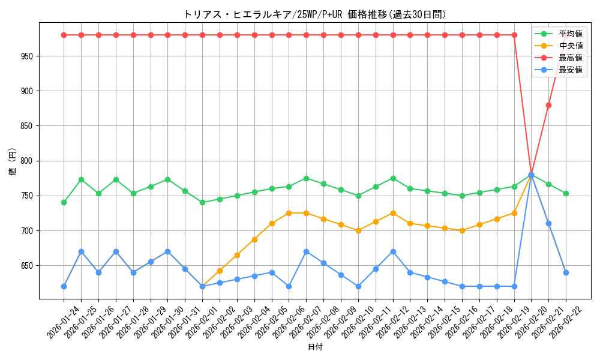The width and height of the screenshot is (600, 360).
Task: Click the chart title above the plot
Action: [314, 14]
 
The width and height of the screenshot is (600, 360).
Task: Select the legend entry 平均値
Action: [570, 34]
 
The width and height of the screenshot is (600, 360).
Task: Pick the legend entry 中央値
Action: [570, 46]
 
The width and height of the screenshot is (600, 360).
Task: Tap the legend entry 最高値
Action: [570, 58]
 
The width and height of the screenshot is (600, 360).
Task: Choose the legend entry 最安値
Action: [570, 70]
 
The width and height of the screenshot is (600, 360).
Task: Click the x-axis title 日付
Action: [314, 347]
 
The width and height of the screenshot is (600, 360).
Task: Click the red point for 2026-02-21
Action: [548, 105]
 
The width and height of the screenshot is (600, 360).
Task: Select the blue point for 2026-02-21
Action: [548, 223]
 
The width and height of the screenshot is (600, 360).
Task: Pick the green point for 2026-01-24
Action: [64, 202]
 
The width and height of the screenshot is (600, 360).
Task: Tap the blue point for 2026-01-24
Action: [64, 286]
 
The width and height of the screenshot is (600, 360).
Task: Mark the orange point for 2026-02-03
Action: [237, 255]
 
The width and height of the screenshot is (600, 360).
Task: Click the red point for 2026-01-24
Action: [64, 35]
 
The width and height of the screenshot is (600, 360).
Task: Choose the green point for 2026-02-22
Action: [566, 193]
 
